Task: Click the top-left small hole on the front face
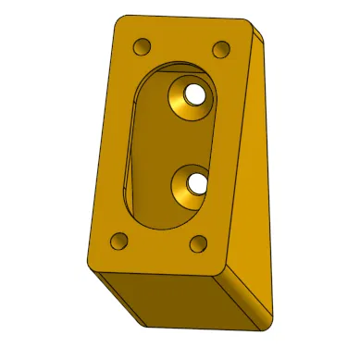(x=142, y=46)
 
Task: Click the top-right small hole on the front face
(x=221, y=48)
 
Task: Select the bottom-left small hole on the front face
(x=118, y=242)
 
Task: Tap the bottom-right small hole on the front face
(x=198, y=243)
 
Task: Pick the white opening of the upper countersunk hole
(x=195, y=95)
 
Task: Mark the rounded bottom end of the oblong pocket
(x=163, y=220)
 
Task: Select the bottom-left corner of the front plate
(x=93, y=263)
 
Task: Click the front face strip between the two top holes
(x=181, y=44)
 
